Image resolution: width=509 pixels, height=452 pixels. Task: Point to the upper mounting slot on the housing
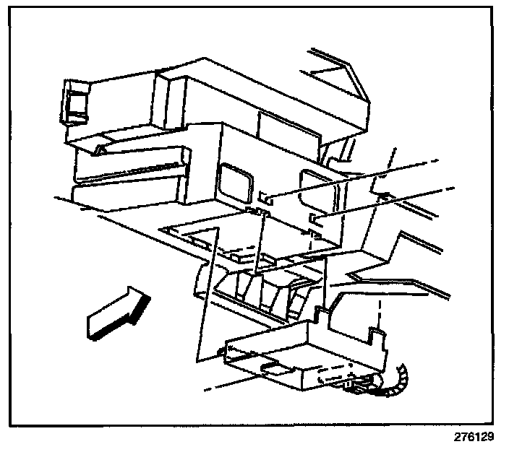(266, 196)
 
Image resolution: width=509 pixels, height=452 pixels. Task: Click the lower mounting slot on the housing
(315, 217)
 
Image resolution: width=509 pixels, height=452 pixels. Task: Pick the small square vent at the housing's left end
(74, 102)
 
